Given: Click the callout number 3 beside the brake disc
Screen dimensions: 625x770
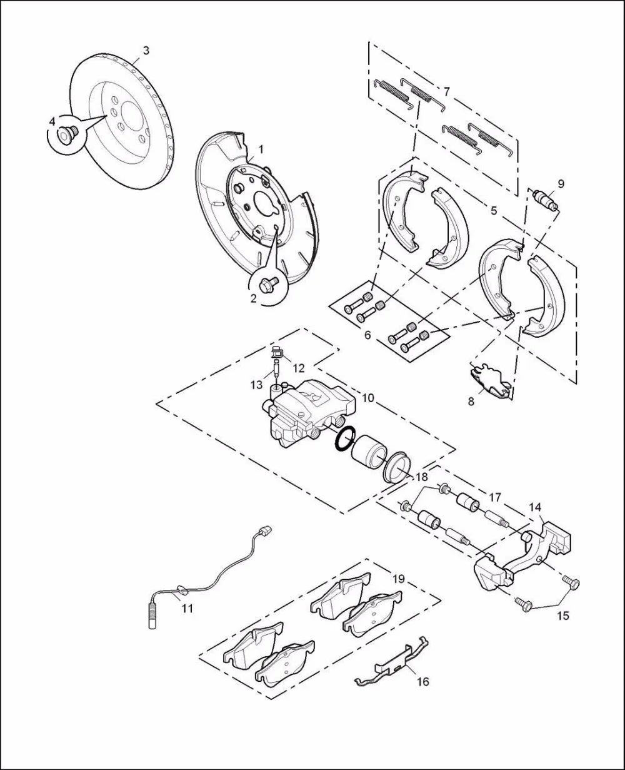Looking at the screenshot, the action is pos(146,51).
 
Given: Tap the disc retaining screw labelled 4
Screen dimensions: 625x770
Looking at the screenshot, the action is pos(67,134).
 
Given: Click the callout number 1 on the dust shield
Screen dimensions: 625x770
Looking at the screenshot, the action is pos(261,149).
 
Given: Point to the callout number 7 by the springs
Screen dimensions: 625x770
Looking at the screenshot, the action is pos(446,91).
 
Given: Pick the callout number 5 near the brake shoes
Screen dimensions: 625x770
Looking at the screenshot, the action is pos(494,211).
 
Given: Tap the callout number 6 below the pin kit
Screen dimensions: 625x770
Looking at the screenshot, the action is pos(367,335).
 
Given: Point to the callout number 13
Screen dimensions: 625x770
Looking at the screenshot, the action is pos(256,385).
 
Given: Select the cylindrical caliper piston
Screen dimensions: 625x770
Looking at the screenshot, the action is pos(369,452).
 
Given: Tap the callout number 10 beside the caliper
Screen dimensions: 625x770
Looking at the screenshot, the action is pos(368,398).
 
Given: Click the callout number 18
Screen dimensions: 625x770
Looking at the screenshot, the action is pos(422,477).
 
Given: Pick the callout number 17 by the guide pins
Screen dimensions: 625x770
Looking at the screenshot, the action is pos(495,498).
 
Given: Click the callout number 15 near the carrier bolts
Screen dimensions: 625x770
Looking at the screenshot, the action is pos(563,615).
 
